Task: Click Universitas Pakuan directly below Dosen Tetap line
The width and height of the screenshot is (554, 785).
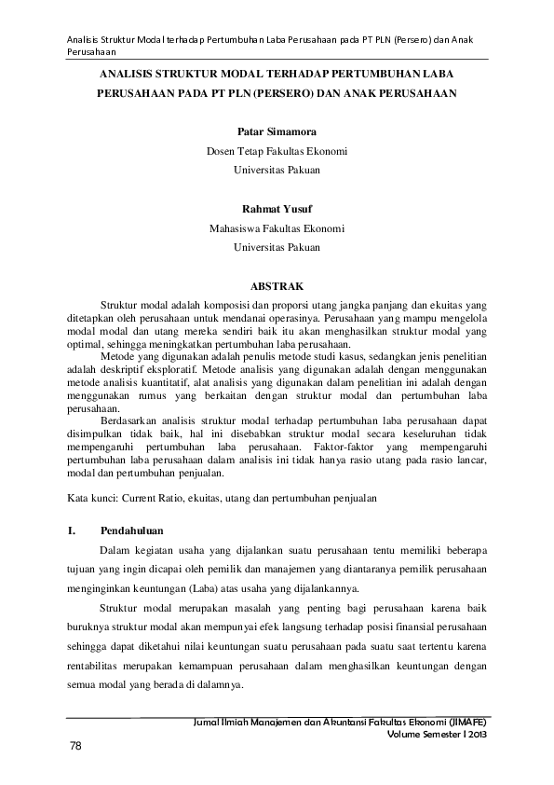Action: [277, 171]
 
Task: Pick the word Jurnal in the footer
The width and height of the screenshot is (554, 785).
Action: [205, 723]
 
